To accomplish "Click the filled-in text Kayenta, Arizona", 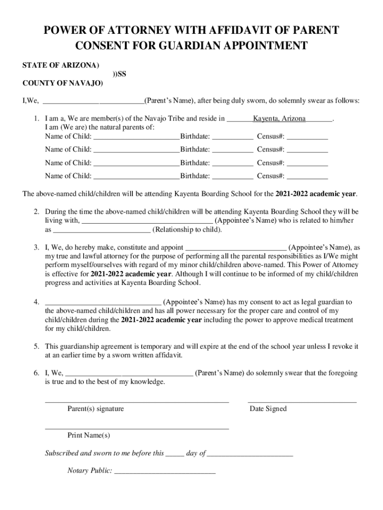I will (x=279, y=119).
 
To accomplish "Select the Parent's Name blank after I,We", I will (x=94, y=102).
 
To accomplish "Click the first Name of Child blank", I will (x=136, y=137).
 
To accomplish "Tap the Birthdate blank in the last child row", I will (x=233, y=176).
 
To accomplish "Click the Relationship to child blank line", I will (x=101, y=231).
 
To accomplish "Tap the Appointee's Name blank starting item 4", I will (x=103, y=302).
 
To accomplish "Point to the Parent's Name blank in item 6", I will (x=129, y=373).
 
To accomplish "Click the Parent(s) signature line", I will (x=137, y=401).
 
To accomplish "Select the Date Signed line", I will (x=302, y=401).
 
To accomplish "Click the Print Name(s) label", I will (x=89, y=436).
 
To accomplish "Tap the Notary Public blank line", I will (x=165, y=471).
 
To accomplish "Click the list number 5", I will (x=37, y=346).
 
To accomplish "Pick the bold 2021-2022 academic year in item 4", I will (x=161, y=320).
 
